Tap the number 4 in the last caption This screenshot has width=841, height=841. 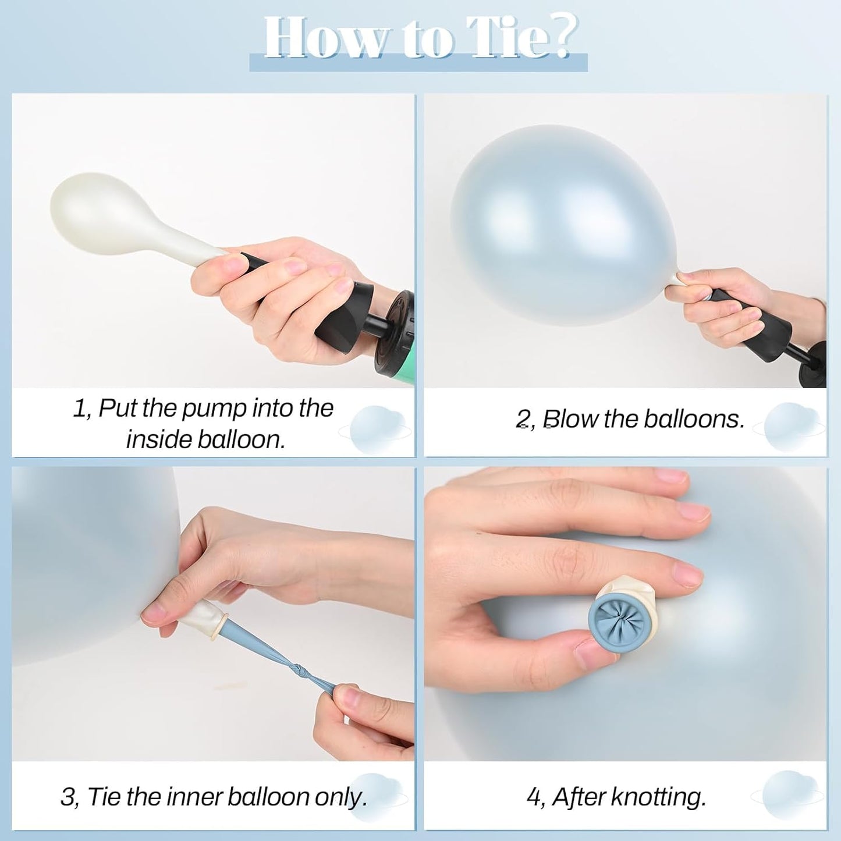tap(533, 797)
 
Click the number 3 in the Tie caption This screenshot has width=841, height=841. tap(68, 797)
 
